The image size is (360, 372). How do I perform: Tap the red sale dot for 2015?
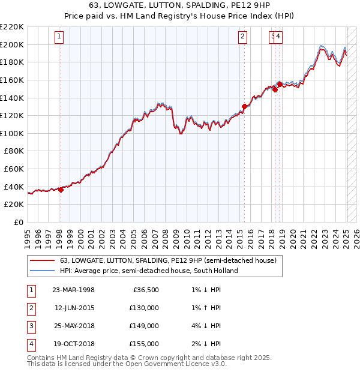(x=244, y=107)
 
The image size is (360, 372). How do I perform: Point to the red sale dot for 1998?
(x=61, y=190)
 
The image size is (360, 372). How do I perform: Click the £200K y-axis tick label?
(x=12, y=44)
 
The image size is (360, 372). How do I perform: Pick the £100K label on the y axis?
(x=12, y=133)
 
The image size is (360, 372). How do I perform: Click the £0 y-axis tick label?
(x=19, y=223)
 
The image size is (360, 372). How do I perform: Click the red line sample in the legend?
(x=41, y=261)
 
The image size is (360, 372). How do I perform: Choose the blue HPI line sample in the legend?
(x=41, y=271)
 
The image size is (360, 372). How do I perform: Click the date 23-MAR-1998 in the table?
(x=73, y=290)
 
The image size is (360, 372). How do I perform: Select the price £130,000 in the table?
(x=145, y=308)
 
